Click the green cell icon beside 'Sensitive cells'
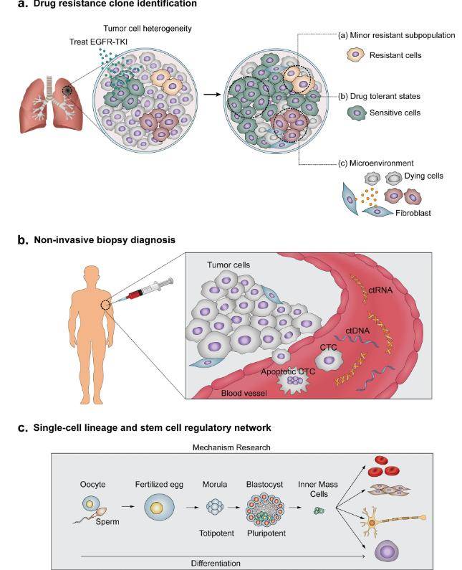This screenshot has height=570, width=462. coord(355,113)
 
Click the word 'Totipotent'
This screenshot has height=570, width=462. coord(216,534)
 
